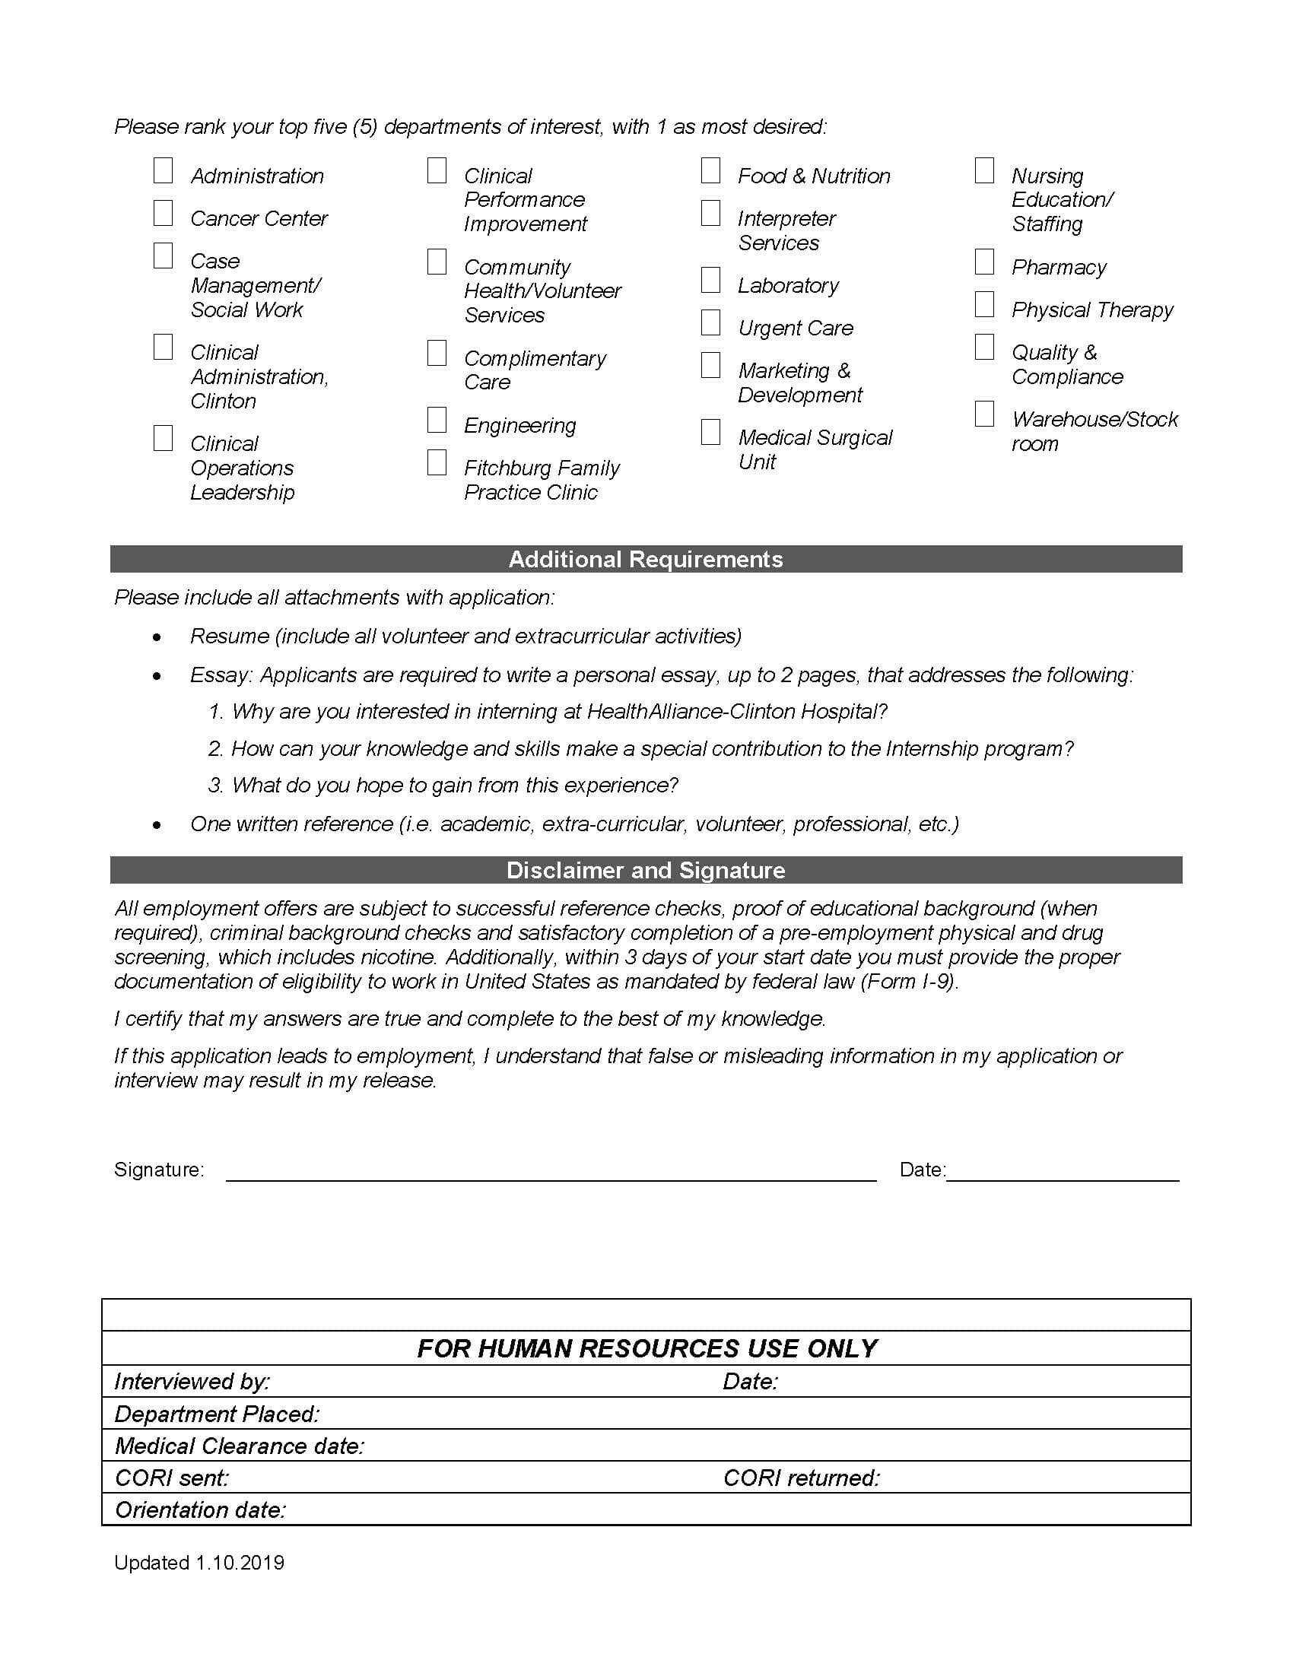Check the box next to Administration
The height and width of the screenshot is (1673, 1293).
pyautogui.click(x=164, y=171)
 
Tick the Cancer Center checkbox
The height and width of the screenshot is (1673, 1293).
pyautogui.click(x=164, y=214)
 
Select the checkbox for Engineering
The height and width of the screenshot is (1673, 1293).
pyautogui.click(x=437, y=421)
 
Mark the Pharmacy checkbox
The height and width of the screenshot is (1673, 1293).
pyautogui.click(x=984, y=262)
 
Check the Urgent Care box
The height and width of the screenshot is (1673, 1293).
pyautogui.click(x=711, y=323)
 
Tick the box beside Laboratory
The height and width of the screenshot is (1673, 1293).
pyautogui.click(x=711, y=281)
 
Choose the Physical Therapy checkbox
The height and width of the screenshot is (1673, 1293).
pyautogui.click(x=984, y=305)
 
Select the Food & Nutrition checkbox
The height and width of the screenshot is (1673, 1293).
pyautogui.click(x=711, y=171)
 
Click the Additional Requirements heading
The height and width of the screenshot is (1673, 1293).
pyautogui.click(x=646, y=559)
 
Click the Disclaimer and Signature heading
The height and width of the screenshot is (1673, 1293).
pyautogui.click(x=646, y=870)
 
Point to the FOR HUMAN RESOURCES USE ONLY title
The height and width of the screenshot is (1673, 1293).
pyautogui.click(x=646, y=1348)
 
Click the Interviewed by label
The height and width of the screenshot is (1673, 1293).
pyautogui.click(x=192, y=1381)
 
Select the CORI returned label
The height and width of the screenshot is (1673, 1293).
pyautogui.click(x=801, y=1478)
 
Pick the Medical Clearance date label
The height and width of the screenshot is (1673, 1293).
pyautogui.click(x=240, y=1446)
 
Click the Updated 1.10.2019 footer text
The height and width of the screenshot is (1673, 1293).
pyautogui.click(x=199, y=1563)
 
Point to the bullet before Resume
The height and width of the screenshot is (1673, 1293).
pyautogui.click(x=157, y=637)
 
